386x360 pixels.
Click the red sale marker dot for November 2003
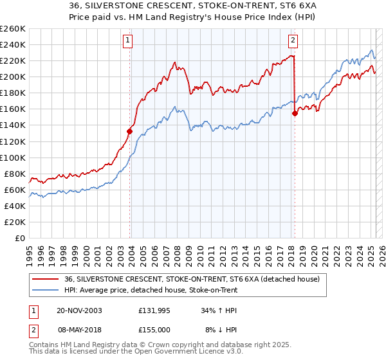click(130, 131)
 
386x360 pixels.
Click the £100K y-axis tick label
click(13, 157)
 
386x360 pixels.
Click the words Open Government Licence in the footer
click(160, 353)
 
